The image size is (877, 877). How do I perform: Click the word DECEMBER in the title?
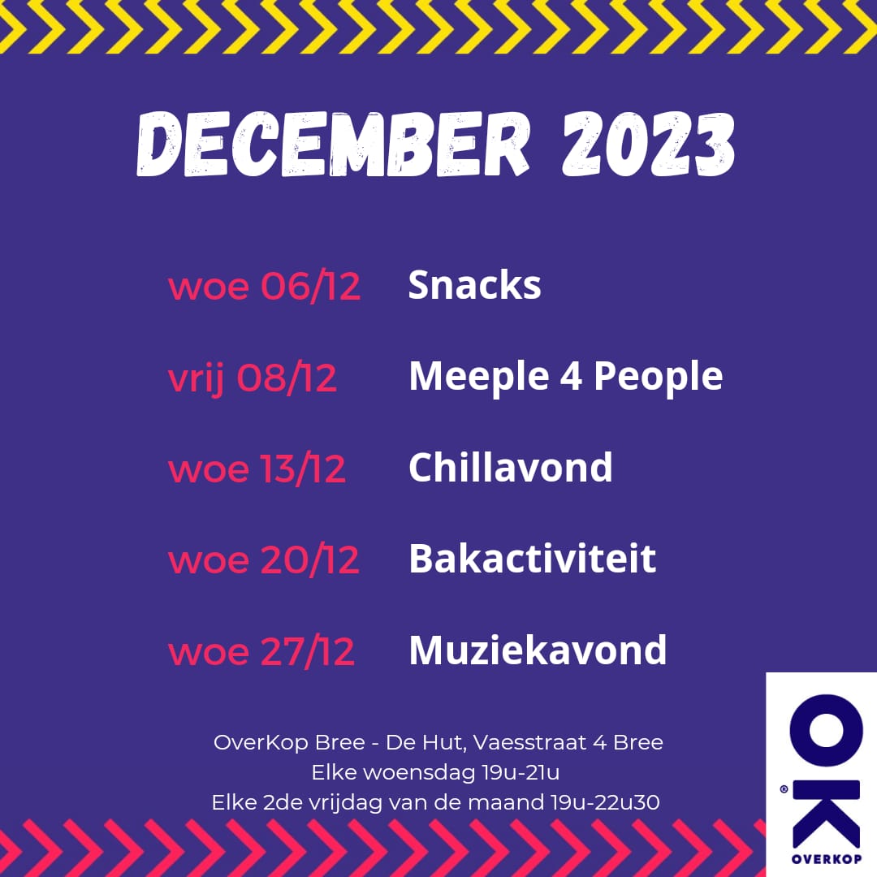click(333, 145)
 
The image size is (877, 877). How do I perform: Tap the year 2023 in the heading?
click(648, 145)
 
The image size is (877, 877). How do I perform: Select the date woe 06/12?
click(265, 287)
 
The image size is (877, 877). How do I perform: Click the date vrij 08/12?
click(253, 378)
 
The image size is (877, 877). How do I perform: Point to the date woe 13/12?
click(257, 469)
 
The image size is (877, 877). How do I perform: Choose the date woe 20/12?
click(263, 559)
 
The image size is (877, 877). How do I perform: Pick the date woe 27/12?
click(261, 651)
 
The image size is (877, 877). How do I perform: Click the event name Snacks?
click(475, 285)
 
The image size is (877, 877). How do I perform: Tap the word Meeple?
click(479, 377)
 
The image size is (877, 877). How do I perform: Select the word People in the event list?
click(659, 377)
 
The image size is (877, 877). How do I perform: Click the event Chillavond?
click(511, 468)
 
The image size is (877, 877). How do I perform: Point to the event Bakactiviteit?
click(533, 558)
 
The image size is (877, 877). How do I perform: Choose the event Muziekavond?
click(538, 650)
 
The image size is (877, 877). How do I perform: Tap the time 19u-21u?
click(521, 773)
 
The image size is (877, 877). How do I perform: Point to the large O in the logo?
click(826, 731)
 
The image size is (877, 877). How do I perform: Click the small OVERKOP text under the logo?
click(827, 859)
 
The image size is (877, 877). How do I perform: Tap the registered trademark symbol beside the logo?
click(784, 789)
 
